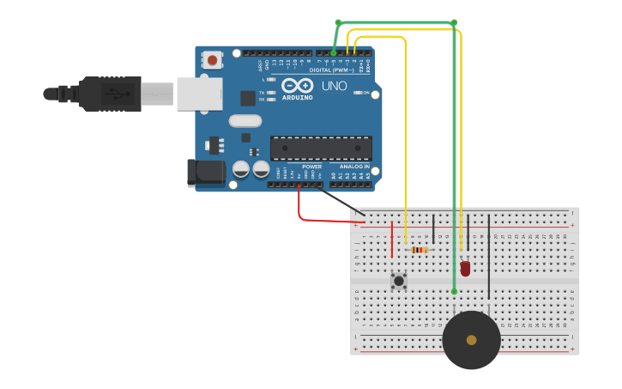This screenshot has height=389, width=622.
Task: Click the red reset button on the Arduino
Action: pyautogui.click(x=211, y=59)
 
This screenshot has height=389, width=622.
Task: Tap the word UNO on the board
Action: pyautogui.click(x=334, y=86)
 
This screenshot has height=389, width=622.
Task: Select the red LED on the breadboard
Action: pyautogui.click(x=465, y=268)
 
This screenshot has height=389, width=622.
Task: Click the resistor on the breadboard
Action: pyautogui.click(x=420, y=250)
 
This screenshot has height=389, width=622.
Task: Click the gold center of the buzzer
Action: pyautogui.click(x=471, y=340)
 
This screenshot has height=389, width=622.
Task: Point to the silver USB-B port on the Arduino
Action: pyautogui.click(x=199, y=94)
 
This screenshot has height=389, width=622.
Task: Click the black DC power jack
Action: pyautogui.click(x=206, y=173)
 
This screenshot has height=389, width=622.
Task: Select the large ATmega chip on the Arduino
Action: pyautogui.click(x=321, y=148)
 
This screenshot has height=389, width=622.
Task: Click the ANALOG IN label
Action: pyautogui.click(x=354, y=167)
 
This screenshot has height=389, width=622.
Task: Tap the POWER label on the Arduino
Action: pyautogui.click(x=311, y=167)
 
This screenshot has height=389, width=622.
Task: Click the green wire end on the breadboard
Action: pyautogui.click(x=454, y=291)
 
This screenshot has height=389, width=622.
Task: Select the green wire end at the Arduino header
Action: pyautogui.click(x=334, y=53)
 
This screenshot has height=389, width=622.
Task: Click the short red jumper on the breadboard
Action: pyautogui.click(x=392, y=239)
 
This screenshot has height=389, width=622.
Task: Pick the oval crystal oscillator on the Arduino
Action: pyautogui.click(x=245, y=121)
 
